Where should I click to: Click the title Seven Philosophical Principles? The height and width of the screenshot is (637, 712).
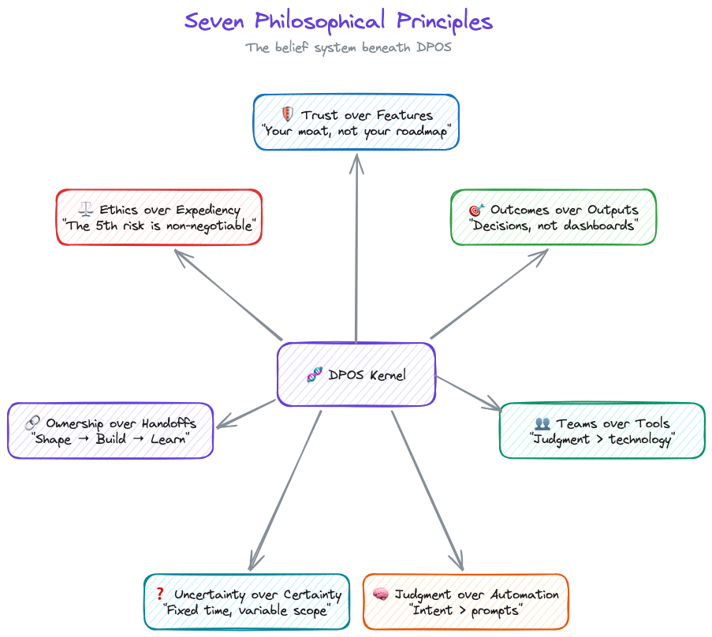338,21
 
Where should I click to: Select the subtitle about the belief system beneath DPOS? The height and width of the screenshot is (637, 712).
348,47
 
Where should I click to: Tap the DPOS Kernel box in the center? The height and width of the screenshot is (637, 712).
356,374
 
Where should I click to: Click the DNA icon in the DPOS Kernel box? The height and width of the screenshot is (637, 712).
314,375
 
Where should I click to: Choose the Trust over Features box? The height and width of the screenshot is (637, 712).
356,122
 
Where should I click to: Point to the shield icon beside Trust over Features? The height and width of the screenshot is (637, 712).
288,115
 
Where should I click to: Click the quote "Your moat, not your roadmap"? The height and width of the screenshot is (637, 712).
356,132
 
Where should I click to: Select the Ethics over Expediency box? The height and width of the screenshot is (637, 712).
159,218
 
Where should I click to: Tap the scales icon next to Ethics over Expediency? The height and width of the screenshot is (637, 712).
86,210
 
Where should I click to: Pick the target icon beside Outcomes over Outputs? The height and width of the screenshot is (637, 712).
476,210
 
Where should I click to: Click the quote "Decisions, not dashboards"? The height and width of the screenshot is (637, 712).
553,226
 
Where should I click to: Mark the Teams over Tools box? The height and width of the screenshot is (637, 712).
602,430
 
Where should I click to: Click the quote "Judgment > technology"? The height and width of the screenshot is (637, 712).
602,440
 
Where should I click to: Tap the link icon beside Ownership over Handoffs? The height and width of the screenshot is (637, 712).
32,423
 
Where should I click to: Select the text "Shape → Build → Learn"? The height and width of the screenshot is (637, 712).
111,439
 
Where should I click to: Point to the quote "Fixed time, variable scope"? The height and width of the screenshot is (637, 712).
246,611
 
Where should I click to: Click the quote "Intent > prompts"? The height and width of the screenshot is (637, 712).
466,611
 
